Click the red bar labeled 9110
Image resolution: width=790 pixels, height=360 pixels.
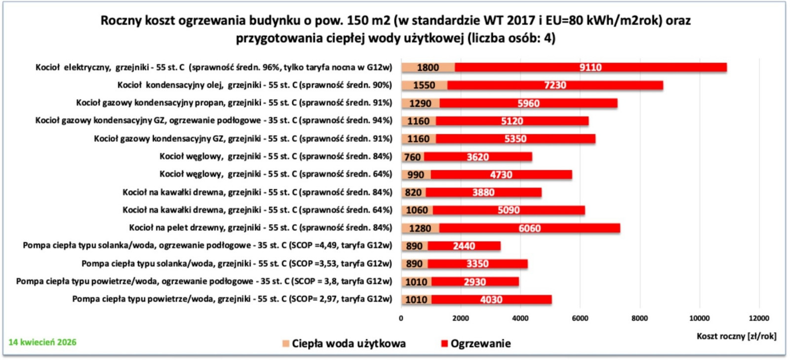[590, 67]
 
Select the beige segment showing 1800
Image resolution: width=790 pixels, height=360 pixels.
[428, 67]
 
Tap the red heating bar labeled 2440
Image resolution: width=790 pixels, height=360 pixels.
[464, 245]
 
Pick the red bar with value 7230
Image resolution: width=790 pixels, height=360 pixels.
[555, 85]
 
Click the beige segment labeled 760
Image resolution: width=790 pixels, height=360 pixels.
[412, 157]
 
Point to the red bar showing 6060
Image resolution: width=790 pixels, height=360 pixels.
[529, 228]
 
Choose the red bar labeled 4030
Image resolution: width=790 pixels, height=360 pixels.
[491, 299]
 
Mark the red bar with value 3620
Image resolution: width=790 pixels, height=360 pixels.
[477, 157]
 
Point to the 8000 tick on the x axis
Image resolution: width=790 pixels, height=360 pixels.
[639, 318]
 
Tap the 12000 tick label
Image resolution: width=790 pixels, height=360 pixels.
[759, 318]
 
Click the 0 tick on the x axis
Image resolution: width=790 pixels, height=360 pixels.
[401, 318]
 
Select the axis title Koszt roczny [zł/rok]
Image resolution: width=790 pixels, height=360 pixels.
[736, 336]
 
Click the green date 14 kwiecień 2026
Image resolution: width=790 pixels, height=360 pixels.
[42, 342]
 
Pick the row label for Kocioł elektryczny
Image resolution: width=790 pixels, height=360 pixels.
[213, 67]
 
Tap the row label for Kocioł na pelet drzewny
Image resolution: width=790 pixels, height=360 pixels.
[260, 228]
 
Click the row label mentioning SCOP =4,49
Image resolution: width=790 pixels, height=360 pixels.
[207, 245]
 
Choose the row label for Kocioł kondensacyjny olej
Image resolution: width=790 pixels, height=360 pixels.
[254, 85]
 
